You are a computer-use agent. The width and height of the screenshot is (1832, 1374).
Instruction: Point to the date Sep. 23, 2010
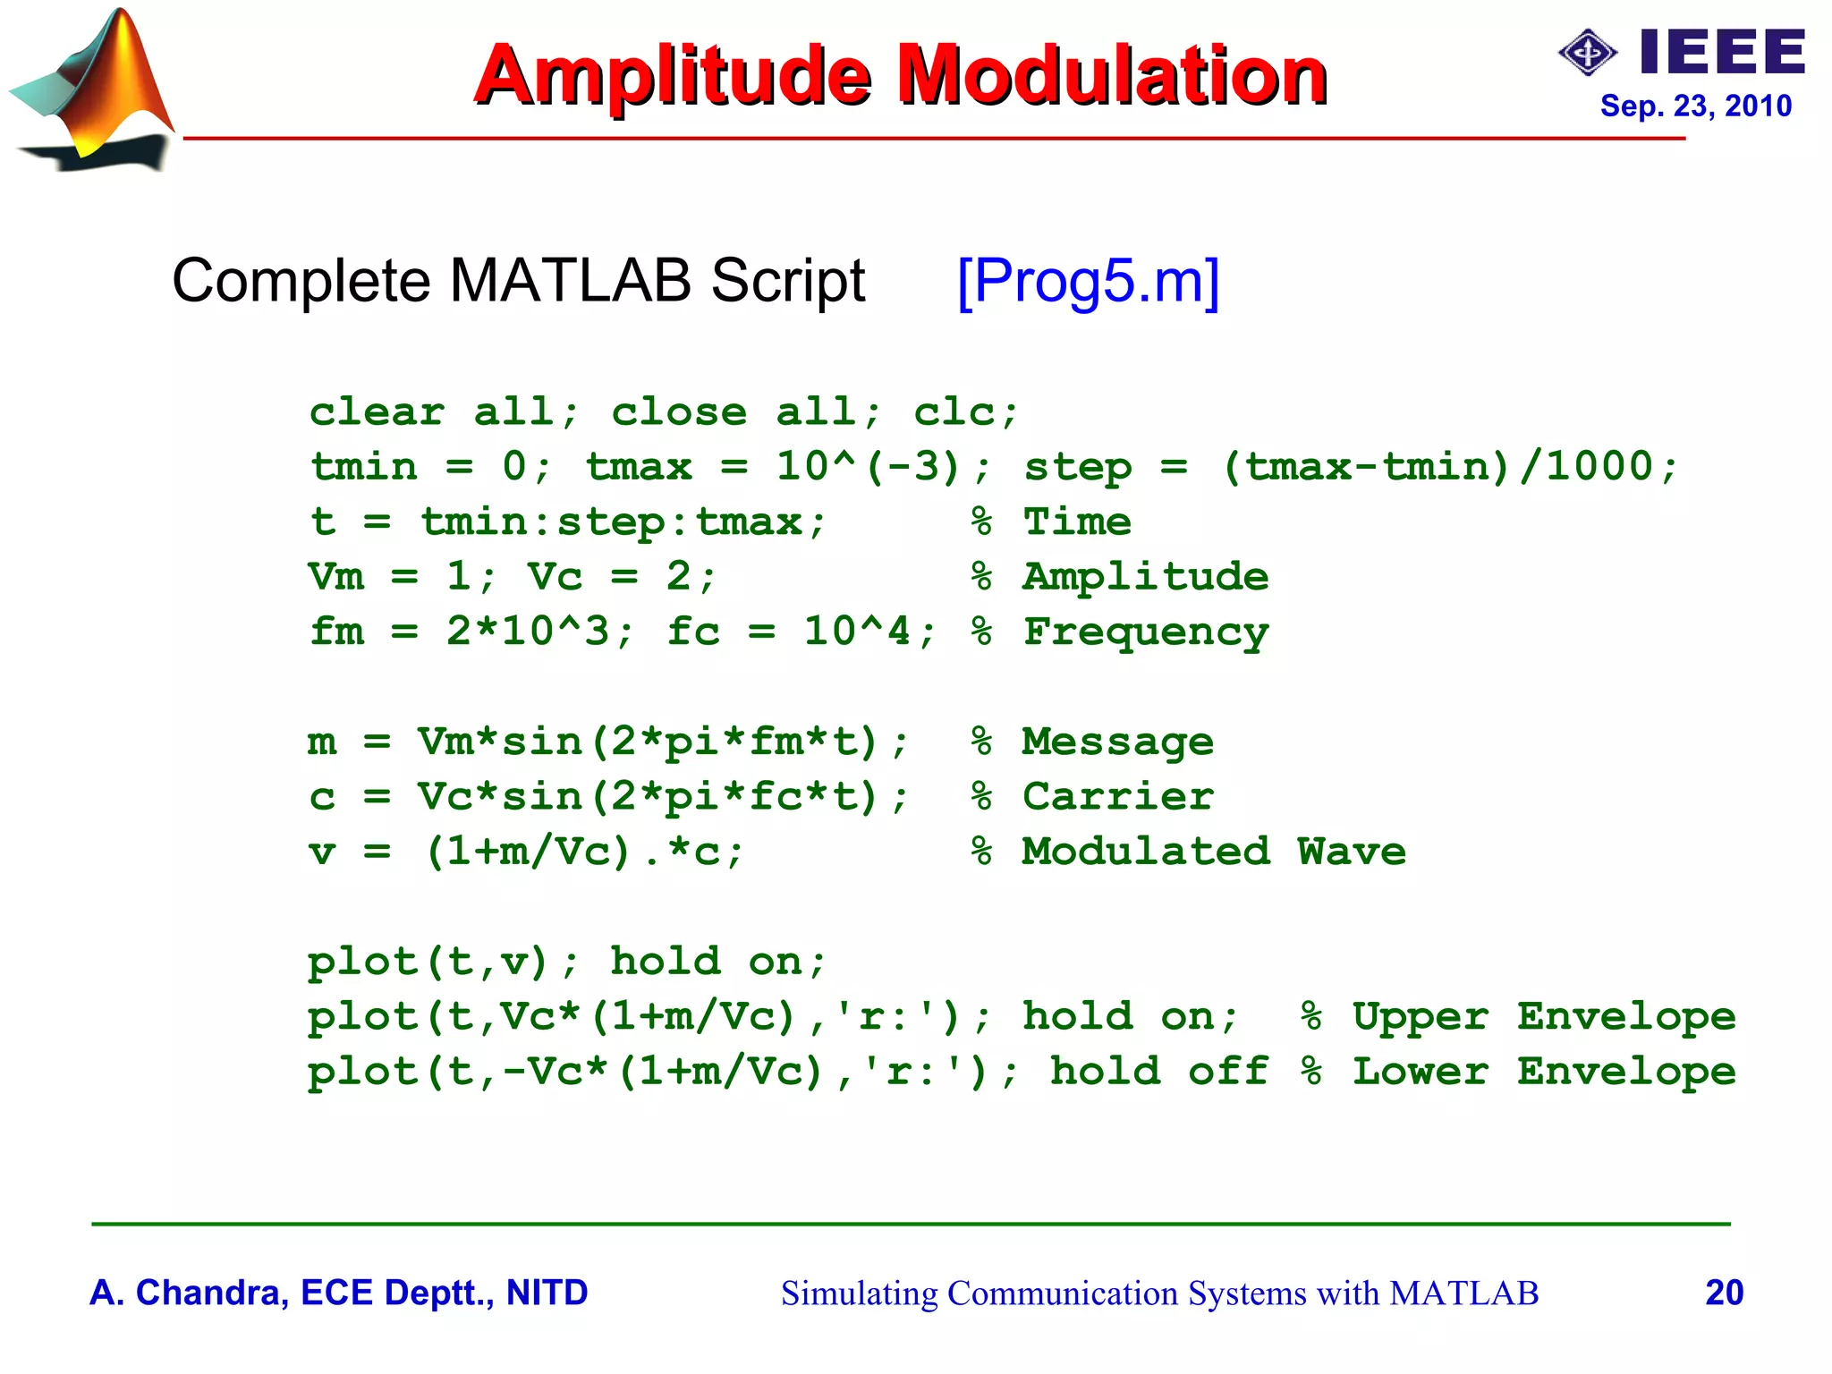click(x=1695, y=106)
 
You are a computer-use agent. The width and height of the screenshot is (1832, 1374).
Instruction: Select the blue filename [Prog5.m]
click(x=1088, y=281)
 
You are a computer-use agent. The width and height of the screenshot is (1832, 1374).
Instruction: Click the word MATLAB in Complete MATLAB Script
click(x=570, y=281)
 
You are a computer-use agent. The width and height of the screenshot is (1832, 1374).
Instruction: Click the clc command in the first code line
click(x=964, y=412)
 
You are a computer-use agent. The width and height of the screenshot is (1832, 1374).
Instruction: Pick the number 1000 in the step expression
click(x=1599, y=466)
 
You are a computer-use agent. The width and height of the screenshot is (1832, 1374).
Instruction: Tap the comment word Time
click(x=1077, y=522)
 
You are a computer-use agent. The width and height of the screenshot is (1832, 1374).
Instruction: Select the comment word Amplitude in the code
click(x=1146, y=577)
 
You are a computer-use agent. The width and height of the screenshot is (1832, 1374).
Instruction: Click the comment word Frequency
click(x=1146, y=632)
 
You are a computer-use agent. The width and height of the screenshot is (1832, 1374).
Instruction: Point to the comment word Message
click(x=1118, y=742)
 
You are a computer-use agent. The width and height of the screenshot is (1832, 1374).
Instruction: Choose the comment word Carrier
click(x=1118, y=797)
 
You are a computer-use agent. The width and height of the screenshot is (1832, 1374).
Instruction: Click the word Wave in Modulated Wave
click(x=1352, y=852)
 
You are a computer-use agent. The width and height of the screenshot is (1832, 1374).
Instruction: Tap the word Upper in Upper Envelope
click(x=1421, y=1017)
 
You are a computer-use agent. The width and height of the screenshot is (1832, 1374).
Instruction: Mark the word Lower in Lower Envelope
click(x=1421, y=1072)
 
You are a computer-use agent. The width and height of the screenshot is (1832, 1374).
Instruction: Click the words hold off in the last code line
click(x=1158, y=1072)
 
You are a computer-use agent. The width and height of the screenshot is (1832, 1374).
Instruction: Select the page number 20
click(x=1724, y=1293)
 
